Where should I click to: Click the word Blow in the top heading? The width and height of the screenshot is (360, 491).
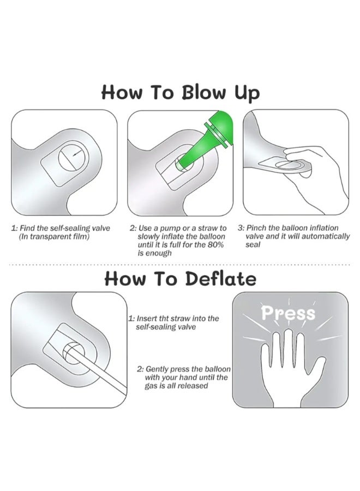click(203, 92)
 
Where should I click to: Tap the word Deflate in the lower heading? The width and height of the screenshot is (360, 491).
click(221, 278)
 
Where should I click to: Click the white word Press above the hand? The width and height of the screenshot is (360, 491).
click(289, 313)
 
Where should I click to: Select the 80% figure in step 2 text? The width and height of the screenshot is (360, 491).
click(215, 244)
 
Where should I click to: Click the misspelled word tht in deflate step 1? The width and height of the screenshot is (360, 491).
click(164, 319)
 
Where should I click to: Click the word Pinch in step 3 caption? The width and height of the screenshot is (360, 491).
click(257, 228)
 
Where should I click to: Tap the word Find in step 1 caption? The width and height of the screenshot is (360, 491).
click(28, 228)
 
